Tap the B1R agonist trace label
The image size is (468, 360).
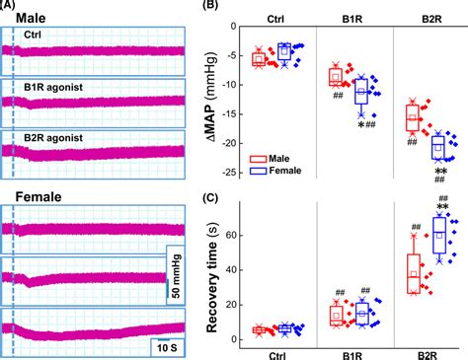[55, 89]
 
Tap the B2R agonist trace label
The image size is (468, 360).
[55, 137]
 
